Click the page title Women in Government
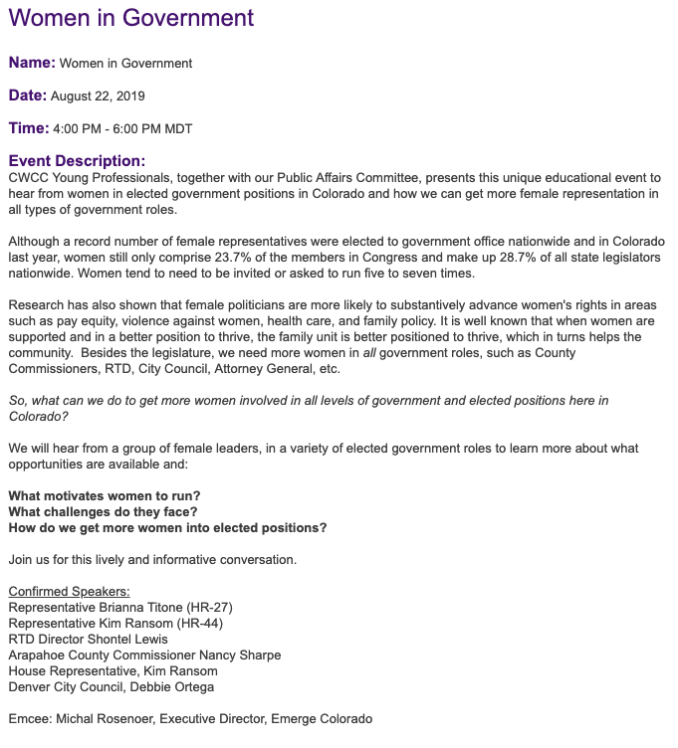[x=131, y=18]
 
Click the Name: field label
[x=32, y=63]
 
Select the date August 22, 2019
[x=99, y=96]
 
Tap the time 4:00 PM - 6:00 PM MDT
[x=122, y=129]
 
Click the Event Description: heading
[x=77, y=160]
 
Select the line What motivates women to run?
[x=101, y=495]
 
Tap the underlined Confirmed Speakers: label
[x=69, y=592]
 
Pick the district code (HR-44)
[x=200, y=623]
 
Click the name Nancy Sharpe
[x=240, y=654]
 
